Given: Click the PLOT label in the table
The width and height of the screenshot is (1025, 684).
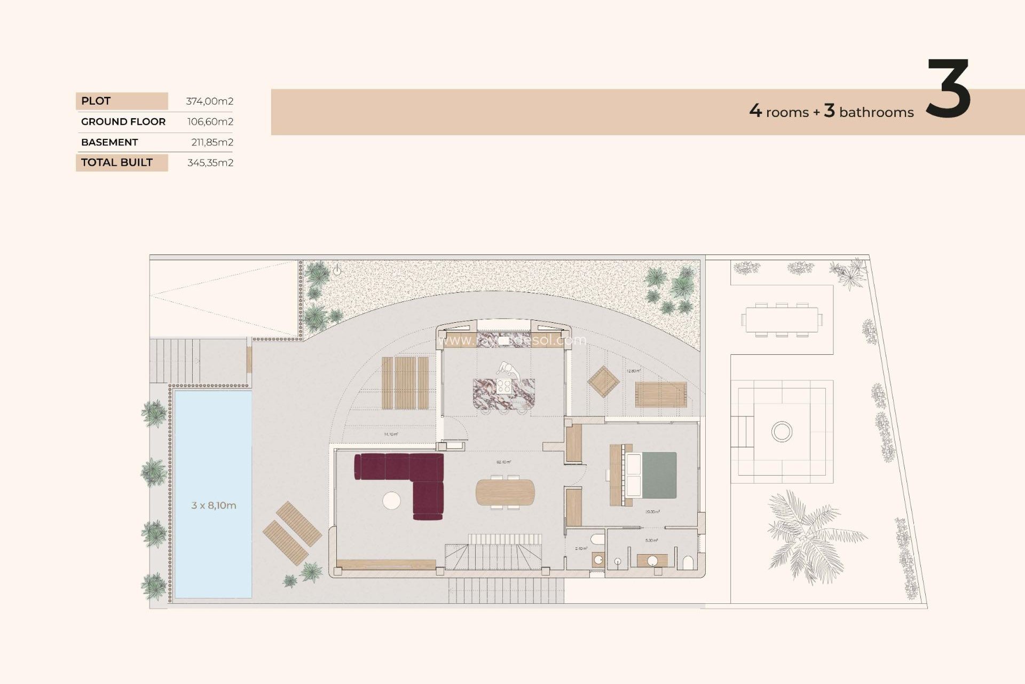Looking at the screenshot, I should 96,101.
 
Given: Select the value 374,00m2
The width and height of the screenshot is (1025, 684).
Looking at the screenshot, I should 209,101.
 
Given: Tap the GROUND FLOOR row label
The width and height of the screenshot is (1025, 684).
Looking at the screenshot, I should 123,122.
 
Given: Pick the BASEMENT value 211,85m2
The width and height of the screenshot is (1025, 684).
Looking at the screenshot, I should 212,142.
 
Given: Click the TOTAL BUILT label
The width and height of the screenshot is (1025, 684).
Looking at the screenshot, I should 117,162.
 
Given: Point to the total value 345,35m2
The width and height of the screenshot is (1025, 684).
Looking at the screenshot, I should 210,163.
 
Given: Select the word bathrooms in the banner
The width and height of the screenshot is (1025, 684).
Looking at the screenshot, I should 876,112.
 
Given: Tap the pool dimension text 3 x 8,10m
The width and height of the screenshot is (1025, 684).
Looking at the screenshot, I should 214,506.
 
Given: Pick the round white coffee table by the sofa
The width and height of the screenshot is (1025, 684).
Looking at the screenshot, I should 391,500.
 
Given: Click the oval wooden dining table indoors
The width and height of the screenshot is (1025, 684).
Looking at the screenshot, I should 505,492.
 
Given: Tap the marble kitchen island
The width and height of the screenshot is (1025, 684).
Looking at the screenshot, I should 503,393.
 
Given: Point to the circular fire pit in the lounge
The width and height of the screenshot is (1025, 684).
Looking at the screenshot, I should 782,431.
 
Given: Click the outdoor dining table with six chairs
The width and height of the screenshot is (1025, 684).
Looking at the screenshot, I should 782,320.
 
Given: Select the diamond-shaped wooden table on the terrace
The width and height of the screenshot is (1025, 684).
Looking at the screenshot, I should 603,382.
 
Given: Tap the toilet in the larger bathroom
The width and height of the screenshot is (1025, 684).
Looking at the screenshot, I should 688,563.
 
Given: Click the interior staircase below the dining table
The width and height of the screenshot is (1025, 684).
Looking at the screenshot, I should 494,553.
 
